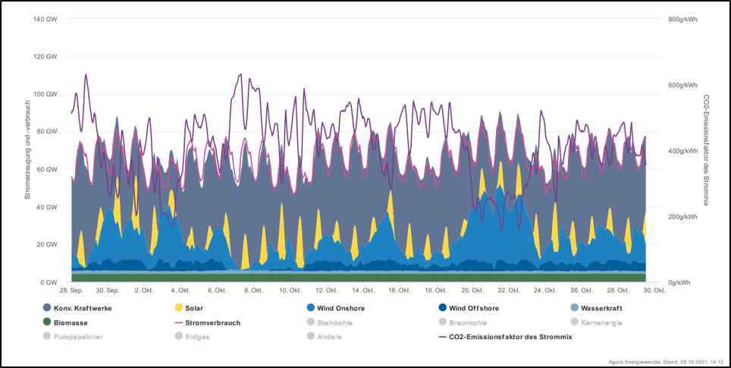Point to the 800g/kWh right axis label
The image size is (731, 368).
682,19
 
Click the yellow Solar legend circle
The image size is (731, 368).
179,308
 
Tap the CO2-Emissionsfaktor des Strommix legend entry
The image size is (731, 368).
504,336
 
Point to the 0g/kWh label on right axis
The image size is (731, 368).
680,282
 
